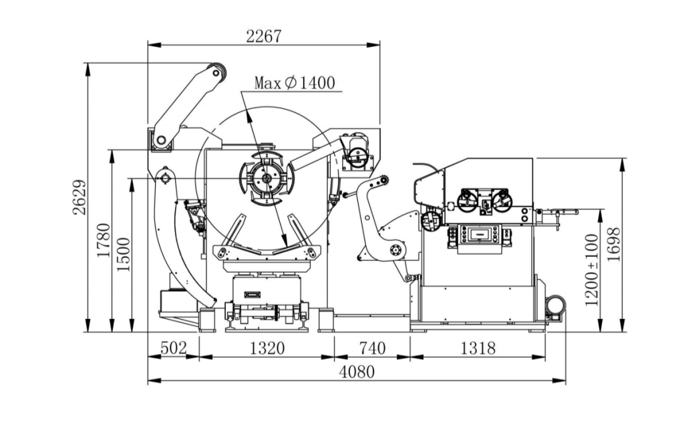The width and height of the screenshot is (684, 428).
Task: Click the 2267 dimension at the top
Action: (264, 36)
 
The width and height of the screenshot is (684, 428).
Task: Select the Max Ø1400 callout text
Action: (294, 83)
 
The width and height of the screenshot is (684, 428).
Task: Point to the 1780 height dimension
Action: (103, 241)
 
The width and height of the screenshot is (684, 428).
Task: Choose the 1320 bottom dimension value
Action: (267, 348)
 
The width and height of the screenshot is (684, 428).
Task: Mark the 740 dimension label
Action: (372, 348)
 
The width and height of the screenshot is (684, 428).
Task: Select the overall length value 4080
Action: (357, 372)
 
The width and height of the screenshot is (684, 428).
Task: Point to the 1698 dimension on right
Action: (615, 245)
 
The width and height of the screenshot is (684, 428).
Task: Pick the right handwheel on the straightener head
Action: (502, 198)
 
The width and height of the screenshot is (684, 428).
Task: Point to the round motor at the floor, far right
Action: (556, 306)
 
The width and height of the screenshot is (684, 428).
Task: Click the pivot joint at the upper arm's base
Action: (160, 139)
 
